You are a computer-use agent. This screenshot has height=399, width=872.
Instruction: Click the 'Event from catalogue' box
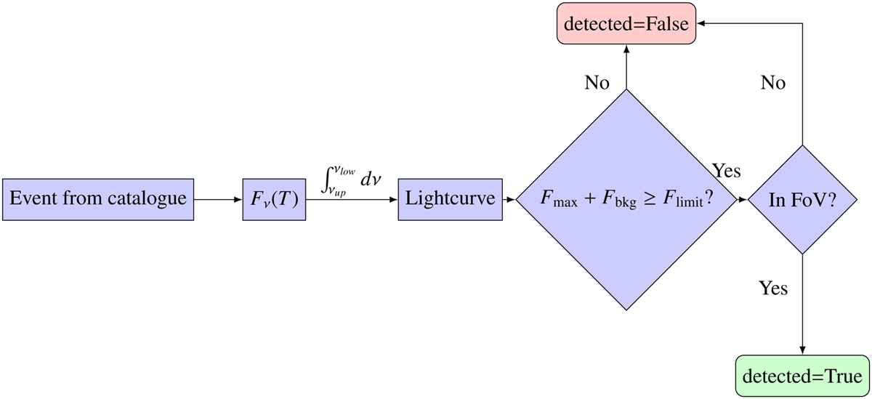(99, 198)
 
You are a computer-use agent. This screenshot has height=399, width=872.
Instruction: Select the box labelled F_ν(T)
(273, 198)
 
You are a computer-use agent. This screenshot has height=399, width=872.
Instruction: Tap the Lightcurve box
(451, 198)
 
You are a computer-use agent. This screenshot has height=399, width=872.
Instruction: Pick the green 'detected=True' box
(802, 376)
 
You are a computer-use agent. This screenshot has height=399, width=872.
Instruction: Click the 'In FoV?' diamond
(802, 198)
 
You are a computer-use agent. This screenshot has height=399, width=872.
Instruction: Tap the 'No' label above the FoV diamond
(772, 83)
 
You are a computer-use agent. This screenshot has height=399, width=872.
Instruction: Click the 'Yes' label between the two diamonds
(725, 172)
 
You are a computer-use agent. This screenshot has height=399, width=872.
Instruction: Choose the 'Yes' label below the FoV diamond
(773, 289)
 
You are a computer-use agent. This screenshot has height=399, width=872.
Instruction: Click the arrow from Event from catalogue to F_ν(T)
(218, 198)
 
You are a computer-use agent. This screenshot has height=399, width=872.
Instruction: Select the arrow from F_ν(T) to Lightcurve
(352, 198)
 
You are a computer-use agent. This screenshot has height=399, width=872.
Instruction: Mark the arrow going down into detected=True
(802, 305)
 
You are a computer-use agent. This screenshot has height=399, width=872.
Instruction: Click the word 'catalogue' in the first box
(153, 198)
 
